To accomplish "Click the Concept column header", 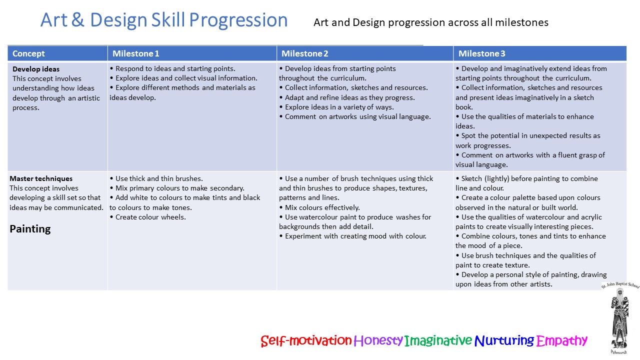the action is tap(28, 53).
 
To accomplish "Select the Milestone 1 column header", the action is tap(135, 53).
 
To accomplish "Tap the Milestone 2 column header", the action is tap(305, 53).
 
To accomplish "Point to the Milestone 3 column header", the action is tap(481, 53).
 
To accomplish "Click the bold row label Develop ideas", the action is tap(36, 69).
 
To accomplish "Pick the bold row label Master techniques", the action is tap(41, 178).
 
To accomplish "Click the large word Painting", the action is tap(30, 229).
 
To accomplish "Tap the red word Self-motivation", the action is tap(306, 340).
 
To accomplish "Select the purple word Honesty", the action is tap(378, 340).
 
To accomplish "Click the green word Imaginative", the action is tap(438, 340).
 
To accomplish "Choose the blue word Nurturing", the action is tap(504, 340).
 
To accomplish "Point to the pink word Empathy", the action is tap(561, 340).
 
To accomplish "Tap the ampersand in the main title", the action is tap(77, 20).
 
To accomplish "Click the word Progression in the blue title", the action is tap(238, 20).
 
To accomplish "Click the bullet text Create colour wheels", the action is tap(150, 217).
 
